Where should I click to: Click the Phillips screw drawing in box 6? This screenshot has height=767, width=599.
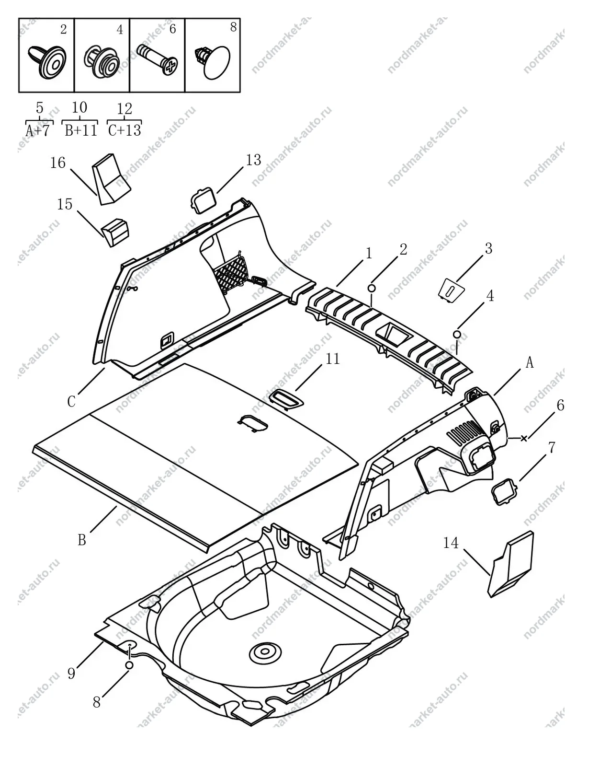coord(157,59)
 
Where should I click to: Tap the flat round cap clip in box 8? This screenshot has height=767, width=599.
coord(212,62)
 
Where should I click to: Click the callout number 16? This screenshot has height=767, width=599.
coord(58,163)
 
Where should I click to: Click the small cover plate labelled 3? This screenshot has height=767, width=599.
coord(451,290)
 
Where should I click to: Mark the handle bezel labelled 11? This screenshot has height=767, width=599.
coord(286,400)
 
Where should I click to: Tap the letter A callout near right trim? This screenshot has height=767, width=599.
coord(530,362)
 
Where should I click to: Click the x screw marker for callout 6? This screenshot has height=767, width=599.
coord(524,438)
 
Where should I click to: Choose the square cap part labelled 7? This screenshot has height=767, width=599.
coord(504,491)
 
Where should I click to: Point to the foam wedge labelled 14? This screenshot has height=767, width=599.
coord(511,564)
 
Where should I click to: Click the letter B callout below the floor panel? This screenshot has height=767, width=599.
coord(82,540)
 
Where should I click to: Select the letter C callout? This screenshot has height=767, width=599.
coord(71,402)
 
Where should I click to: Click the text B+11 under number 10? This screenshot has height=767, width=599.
coord(81,130)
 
